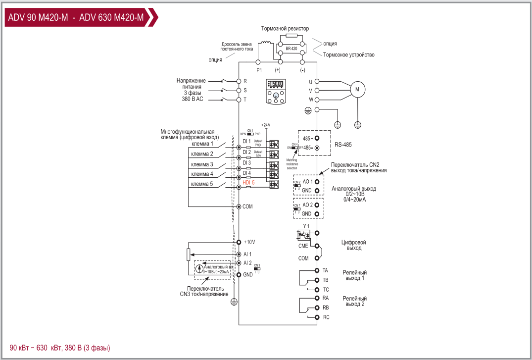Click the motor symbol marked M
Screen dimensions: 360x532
(357, 89)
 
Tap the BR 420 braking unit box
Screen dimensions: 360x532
(291, 49)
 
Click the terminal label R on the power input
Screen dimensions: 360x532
(245, 81)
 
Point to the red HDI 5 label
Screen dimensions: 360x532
(248, 183)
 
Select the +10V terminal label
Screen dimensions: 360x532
(249, 242)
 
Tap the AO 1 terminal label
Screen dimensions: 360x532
(307, 182)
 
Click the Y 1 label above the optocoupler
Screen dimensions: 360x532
(306, 226)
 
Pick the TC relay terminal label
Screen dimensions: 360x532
(326, 289)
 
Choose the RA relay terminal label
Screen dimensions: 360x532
(326, 298)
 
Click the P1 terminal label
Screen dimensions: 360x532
(259, 70)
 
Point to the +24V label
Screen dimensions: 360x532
(266, 125)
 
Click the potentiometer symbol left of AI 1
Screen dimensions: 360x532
(188, 255)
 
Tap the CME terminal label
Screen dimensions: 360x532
(303, 246)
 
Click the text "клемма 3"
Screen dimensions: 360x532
(202, 164)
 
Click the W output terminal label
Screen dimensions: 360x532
(311, 100)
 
